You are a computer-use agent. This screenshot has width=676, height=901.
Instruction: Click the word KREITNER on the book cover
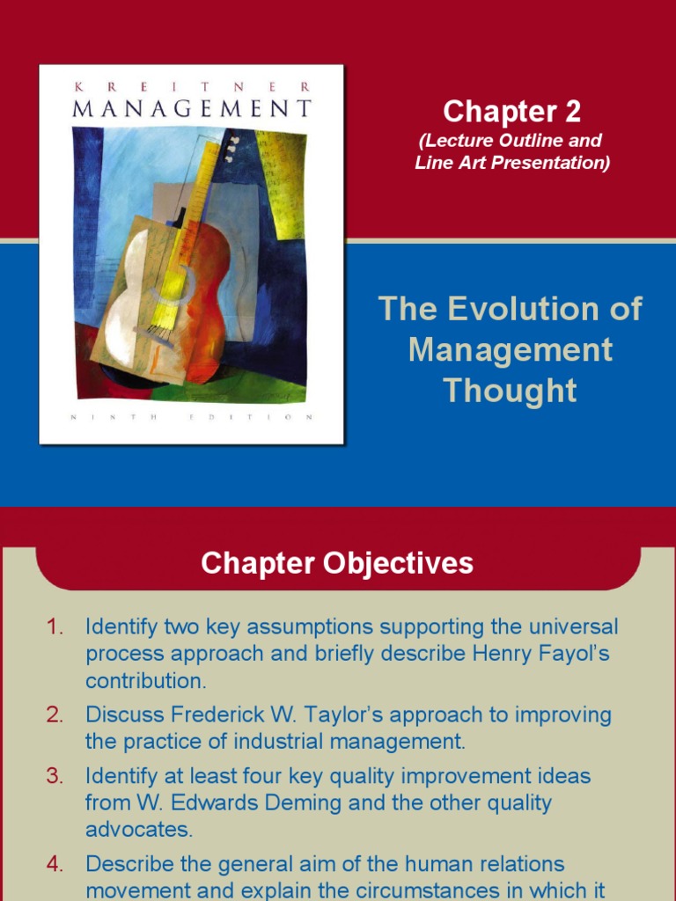(x=190, y=86)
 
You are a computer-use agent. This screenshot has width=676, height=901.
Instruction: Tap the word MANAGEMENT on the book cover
(x=191, y=109)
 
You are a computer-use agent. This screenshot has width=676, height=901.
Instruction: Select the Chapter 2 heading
(x=511, y=111)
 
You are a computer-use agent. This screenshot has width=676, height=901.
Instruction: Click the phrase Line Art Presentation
(x=512, y=162)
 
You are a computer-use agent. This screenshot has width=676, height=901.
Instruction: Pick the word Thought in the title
(x=511, y=390)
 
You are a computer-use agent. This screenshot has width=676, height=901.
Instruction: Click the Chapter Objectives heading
(x=337, y=563)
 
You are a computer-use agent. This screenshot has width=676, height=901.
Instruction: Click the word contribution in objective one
(x=145, y=681)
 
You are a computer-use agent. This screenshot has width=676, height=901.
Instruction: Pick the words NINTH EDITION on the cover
(x=191, y=417)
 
